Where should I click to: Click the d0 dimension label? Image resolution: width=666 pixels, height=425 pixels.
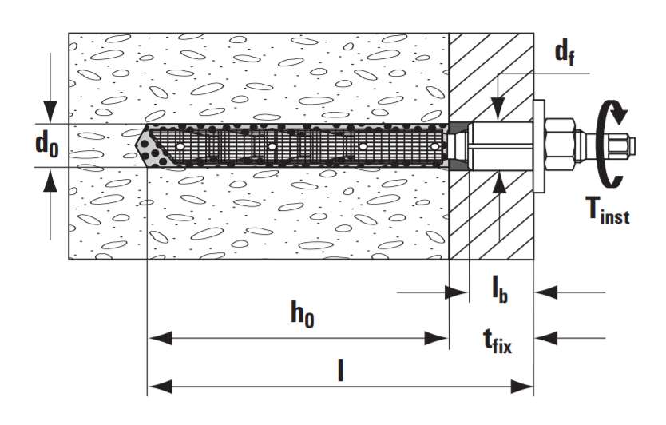click(47, 145)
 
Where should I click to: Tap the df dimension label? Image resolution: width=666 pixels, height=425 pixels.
click(565, 53)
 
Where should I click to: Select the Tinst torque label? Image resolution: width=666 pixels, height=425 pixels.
click(608, 211)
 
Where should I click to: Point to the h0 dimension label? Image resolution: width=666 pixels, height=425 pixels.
click(303, 314)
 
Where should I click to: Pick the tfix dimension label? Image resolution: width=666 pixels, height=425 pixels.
click(498, 341)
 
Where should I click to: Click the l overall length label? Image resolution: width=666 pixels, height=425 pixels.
click(340, 369)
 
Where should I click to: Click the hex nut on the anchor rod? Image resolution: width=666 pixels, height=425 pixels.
click(559, 145)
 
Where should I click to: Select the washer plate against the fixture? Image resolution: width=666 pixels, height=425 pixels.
click(538, 145)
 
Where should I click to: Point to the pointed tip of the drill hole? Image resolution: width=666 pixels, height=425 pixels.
click(136, 145)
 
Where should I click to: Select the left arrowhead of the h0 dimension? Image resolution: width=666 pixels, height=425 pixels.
click(161, 338)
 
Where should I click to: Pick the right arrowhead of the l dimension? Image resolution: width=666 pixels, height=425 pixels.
click(521, 387)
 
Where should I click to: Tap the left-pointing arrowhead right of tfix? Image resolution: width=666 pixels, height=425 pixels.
click(546, 338)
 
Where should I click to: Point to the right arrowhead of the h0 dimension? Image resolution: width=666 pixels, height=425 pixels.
click(436, 338)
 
